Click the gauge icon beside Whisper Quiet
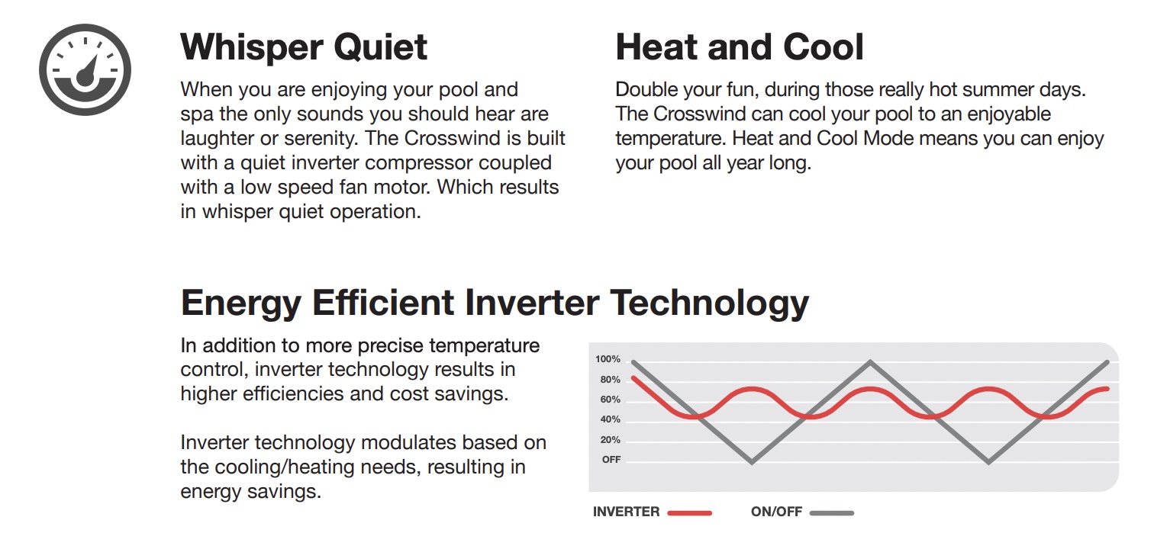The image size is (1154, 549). coord(85,69)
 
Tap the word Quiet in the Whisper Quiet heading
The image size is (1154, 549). coord(381,48)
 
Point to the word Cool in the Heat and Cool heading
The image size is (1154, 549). coord(824,47)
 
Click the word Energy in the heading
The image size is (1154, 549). coord(241,303)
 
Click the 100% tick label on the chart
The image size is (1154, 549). coord(608,359)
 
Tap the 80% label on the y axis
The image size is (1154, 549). coord(610,380)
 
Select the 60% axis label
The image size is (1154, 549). coord(610,400)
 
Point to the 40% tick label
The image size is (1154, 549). coord(610,420)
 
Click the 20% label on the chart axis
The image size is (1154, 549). coord(610,440)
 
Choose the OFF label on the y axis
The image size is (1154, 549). coord(611,460)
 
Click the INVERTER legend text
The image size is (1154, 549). coord(626,512)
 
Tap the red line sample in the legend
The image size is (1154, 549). coord(689,513)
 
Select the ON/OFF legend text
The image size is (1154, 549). coord(776,512)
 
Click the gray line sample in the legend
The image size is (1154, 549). coord(831,513)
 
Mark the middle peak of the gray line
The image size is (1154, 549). coord(870,362)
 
